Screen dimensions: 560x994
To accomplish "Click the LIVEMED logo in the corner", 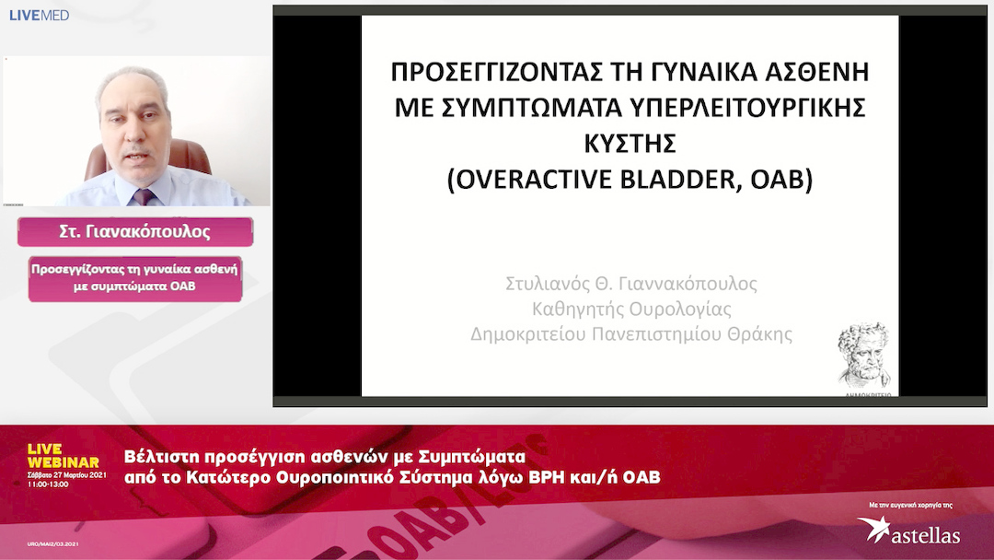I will click(x=39, y=15).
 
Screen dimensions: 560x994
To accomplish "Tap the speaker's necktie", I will click(x=143, y=196).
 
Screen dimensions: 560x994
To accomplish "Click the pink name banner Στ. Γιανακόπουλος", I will click(x=135, y=232).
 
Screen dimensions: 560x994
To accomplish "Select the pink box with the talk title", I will click(x=135, y=278).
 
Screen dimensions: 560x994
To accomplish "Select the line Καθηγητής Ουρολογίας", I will click(x=631, y=309).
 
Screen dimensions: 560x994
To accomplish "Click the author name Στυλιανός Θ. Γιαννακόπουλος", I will click(x=631, y=284).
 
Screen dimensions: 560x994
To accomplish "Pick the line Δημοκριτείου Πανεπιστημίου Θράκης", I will click(x=631, y=333).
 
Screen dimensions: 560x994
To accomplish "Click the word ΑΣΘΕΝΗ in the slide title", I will click(x=815, y=73).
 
